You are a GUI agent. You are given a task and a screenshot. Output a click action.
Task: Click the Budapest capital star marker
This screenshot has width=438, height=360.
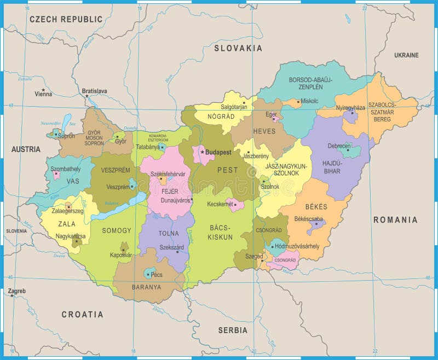point(202,152)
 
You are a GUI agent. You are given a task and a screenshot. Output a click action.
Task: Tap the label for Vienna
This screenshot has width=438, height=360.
point(43,94)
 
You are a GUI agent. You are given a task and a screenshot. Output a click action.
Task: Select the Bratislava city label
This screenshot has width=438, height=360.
point(94,91)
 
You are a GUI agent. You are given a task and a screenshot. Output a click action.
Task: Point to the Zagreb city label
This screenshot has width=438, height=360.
point(17,291)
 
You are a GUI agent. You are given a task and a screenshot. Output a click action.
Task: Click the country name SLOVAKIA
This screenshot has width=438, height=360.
point(238,48)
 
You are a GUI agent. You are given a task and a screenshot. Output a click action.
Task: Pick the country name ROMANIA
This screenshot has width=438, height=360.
point(395,220)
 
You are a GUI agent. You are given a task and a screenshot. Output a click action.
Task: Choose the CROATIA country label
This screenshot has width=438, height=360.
point(82,315)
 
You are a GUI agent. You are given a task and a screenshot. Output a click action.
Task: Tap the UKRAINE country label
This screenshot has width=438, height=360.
point(406,55)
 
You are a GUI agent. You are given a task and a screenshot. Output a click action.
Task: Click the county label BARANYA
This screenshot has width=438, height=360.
point(146,287)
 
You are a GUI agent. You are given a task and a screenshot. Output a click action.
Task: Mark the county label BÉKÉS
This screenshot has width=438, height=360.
point(316,207)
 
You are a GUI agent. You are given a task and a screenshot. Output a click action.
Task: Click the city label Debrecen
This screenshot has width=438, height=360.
point(339,146)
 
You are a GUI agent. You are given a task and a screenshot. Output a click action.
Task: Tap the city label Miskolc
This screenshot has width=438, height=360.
point(309,101)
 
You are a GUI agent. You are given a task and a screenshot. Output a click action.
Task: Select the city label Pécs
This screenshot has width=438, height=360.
point(157,274)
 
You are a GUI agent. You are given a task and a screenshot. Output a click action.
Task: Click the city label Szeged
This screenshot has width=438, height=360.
point(253,256)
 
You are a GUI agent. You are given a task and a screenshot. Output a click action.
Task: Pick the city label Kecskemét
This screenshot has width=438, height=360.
point(220,204)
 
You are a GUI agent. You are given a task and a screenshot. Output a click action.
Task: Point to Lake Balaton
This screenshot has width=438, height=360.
point(118,207)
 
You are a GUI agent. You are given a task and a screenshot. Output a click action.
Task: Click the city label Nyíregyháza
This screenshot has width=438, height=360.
point(350,108)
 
